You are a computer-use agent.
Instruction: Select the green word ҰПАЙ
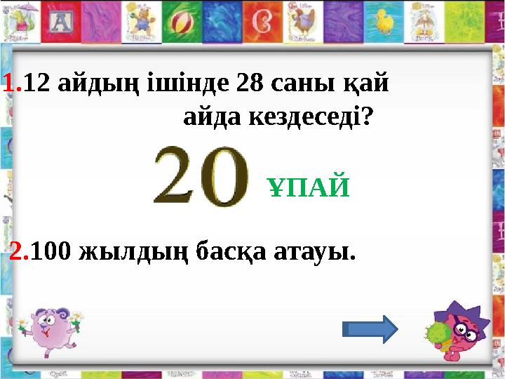coord(309,187)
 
